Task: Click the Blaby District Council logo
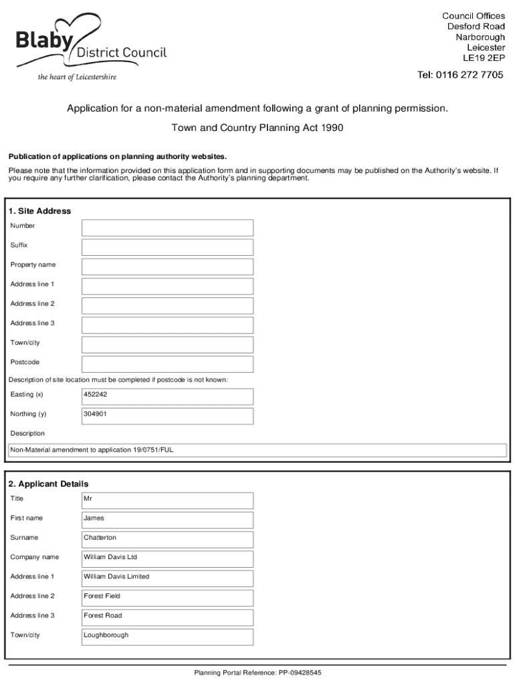pyautogui.click(x=91, y=45)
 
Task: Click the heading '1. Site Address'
pyautogui.click(x=39, y=211)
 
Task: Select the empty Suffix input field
pyautogui.click(x=167, y=247)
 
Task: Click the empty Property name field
pyautogui.click(x=167, y=267)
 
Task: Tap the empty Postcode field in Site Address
pyautogui.click(x=167, y=364)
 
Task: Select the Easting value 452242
pyautogui.click(x=96, y=395)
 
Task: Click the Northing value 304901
pyautogui.click(x=96, y=414)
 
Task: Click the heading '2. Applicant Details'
pyautogui.click(x=48, y=484)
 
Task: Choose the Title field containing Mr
pyautogui.click(x=167, y=500)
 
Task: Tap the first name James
pyautogui.click(x=94, y=518)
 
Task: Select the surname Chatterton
pyautogui.click(x=100, y=538)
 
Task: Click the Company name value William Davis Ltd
pyautogui.click(x=110, y=557)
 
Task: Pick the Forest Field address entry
pyautogui.click(x=102, y=596)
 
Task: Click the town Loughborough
pyautogui.click(x=106, y=635)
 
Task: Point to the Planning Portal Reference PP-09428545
pyautogui.click(x=257, y=673)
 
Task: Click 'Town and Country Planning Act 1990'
pyautogui.click(x=257, y=128)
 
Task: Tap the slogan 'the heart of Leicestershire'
pyautogui.click(x=77, y=77)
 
